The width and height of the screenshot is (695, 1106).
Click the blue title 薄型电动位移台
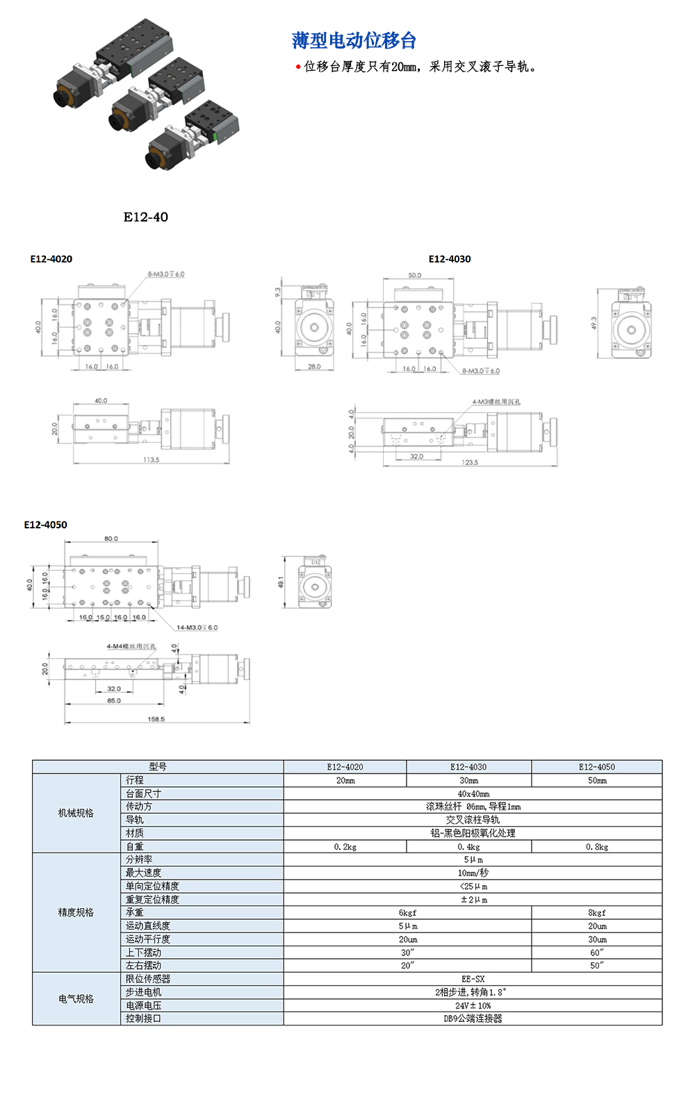(x=354, y=41)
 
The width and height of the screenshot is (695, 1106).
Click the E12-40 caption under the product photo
(x=146, y=217)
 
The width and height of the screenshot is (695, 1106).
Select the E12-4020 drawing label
(x=51, y=259)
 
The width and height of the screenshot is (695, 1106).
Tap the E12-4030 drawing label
(x=450, y=259)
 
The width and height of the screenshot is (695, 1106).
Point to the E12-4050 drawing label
(x=46, y=525)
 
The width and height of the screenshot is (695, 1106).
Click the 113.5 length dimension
(x=152, y=460)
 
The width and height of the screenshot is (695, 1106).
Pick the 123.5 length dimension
(x=470, y=462)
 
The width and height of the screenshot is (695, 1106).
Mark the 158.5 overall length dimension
(x=156, y=719)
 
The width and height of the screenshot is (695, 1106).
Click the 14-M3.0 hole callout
(x=197, y=628)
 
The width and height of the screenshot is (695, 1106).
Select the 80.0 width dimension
(x=111, y=539)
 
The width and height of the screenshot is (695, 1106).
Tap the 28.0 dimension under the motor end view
(x=314, y=367)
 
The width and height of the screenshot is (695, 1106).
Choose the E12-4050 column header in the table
(x=596, y=767)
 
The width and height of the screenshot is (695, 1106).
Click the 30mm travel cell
(x=468, y=780)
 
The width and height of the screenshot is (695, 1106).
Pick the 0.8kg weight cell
(x=596, y=847)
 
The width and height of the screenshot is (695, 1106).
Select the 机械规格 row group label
(x=76, y=813)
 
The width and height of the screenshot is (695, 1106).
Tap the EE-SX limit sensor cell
(x=473, y=979)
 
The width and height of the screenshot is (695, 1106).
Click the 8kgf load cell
(x=596, y=913)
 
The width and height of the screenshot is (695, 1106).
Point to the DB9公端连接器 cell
(x=473, y=1019)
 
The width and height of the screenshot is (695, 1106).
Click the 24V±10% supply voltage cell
(x=473, y=1005)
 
